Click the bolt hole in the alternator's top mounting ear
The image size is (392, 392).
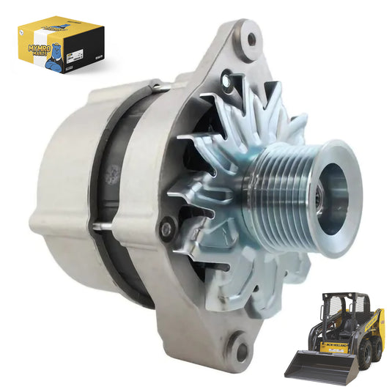(251, 37)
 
